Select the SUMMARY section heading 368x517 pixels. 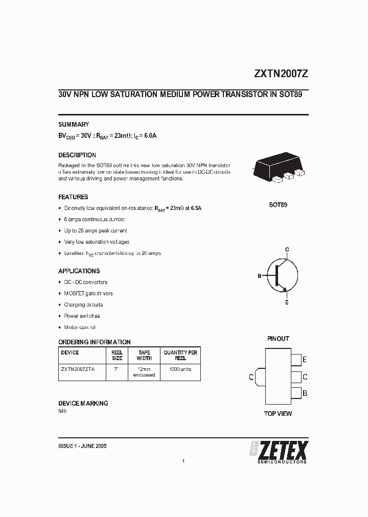[x=74, y=124]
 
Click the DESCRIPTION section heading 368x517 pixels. [x=77, y=155]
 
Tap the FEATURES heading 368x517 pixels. [x=73, y=197]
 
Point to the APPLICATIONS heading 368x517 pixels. [x=79, y=271]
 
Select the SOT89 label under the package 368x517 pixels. [x=278, y=205]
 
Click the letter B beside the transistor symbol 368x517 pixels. [x=260, y=276]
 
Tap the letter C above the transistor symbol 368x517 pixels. [x=287, y=249]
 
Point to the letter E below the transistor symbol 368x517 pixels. [x=287, y=302]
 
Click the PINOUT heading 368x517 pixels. [x=278, y=338]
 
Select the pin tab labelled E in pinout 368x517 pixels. [x=296, y=360]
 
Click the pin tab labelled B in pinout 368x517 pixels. [x=296, y=393]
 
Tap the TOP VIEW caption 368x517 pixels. [x=278, y=413]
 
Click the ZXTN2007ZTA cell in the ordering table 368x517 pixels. [x=78, y=369]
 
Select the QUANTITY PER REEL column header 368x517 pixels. [x=180, y=355]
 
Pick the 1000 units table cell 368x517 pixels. [x=180, y=369]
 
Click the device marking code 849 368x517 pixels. [x=62, y=411]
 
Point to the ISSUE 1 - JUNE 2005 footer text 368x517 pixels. [x=83, y=446]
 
